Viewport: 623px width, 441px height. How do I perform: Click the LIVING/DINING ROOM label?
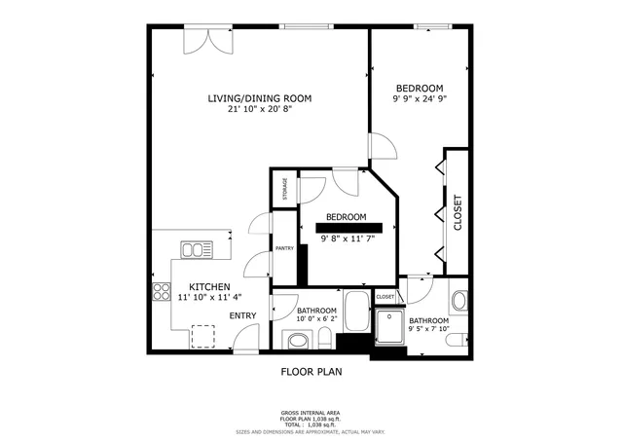pyautogui.click(x=259, y=97)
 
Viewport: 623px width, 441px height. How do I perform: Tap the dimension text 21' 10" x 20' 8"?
pyautogui.click(x=259, y=109)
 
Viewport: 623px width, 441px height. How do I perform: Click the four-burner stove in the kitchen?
pyautogui.click(x=160, y=292)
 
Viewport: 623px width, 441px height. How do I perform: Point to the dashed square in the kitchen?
pyautogui.click(x=203, y=336)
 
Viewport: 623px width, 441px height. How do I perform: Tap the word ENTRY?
pyautogui.click(x=242, y=315)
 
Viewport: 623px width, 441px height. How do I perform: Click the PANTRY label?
pyautogui.click(x=284, y=248)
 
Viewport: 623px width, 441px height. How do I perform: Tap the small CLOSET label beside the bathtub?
pyautogui.click(x=385, y=296)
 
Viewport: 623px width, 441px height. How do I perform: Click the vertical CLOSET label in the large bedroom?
pyautogui.click(x=458, y=213)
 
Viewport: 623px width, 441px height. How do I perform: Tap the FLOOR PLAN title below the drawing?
pyautogui.click(x=311, y=371)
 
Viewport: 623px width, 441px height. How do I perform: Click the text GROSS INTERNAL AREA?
pyautogui.click(x=311, y=413)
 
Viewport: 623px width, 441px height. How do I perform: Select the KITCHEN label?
pyautogui.click(x=209, y=287)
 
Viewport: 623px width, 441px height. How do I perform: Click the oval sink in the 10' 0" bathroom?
pyautogui.click(x=294, y=340)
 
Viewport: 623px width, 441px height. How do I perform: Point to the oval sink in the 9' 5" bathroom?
pyautogui.click(x=460, y=300)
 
